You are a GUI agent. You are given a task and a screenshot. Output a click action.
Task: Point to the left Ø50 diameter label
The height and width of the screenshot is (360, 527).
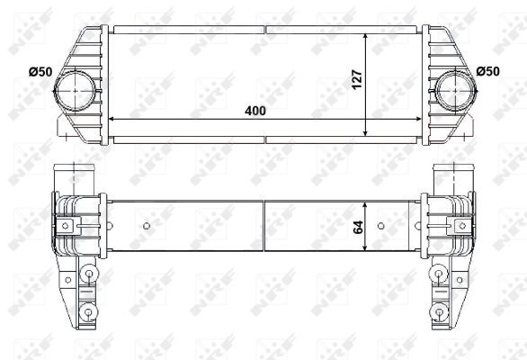click(x=40, y=71)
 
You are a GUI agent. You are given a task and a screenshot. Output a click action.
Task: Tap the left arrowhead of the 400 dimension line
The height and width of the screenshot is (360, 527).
click(x=112, y=119)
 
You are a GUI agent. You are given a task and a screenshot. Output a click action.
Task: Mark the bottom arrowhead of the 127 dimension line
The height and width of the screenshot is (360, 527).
click(x=366, y=132)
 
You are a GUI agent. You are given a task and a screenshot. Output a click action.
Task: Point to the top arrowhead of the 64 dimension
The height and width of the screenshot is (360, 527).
click(x=366, y=200)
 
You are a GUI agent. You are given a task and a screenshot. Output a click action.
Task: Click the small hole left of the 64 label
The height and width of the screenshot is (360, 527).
click(x=148, y=226)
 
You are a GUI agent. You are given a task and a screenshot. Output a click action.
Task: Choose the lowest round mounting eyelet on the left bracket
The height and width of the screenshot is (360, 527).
click(x=88, y=312)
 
